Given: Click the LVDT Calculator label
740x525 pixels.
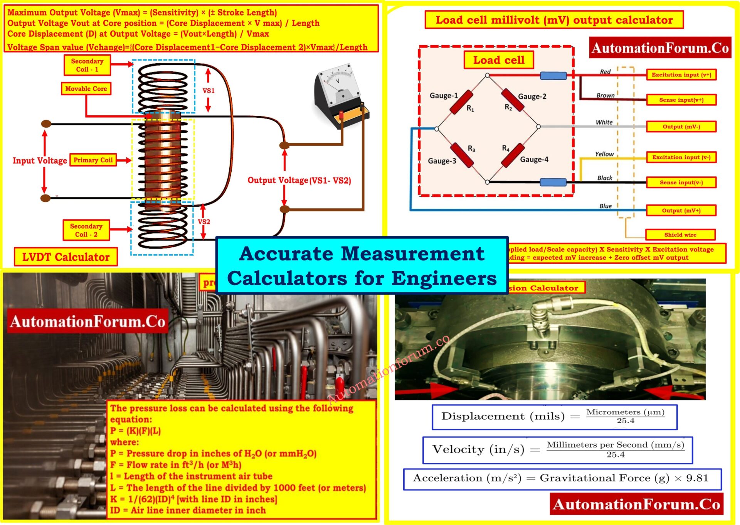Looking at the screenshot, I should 66,257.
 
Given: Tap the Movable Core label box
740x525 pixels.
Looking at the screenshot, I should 86,89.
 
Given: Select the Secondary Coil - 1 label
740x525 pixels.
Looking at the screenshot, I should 87,65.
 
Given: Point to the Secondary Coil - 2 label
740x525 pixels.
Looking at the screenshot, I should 86,230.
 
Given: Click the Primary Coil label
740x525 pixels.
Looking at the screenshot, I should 93,160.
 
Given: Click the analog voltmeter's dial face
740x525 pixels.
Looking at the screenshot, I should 338,83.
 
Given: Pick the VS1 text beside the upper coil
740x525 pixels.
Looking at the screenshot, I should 209,91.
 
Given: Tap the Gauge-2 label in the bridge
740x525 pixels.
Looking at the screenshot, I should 532,96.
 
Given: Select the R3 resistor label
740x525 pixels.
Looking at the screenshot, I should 471,149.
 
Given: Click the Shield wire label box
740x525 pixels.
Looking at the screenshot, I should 680,235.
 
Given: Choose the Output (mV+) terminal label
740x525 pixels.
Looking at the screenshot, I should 681,210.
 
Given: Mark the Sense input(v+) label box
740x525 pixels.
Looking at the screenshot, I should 681,100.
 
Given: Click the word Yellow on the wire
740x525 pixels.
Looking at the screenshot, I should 604,154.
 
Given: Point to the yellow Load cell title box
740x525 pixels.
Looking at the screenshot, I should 498,60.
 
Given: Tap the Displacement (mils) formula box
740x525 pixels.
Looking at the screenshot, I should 554,417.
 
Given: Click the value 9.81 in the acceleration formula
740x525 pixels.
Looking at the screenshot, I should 697,478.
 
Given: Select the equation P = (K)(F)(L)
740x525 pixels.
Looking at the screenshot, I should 135,431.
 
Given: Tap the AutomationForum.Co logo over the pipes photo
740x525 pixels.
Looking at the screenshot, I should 88,321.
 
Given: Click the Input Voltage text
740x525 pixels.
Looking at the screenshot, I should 40,160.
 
